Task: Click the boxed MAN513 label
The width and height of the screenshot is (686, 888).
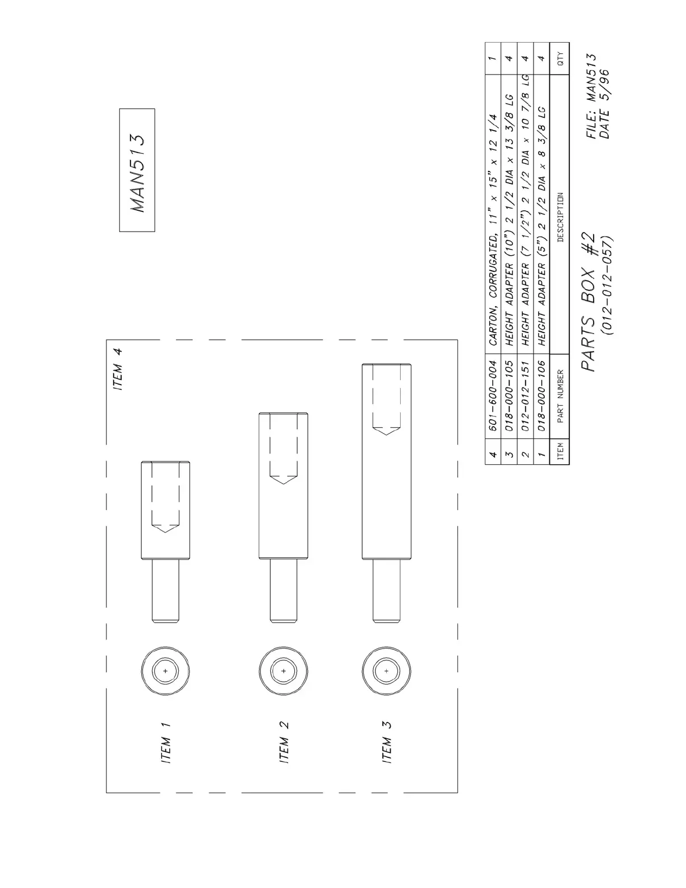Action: click(137, 170)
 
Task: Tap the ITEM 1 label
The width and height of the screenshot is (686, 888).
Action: click(166, 742)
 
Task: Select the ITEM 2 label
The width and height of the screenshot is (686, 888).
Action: click(284, 742)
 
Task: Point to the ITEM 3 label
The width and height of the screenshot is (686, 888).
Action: click(387, 742)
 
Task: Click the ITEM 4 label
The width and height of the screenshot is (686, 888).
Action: click(117, 369)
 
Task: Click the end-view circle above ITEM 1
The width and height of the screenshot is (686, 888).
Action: click(165, 670)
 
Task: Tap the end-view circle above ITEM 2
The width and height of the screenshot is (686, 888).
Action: click(283, 670)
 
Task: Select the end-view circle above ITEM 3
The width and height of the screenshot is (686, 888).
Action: click(386, 670)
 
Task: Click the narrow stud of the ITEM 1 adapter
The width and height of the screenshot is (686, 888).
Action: click(166, 591)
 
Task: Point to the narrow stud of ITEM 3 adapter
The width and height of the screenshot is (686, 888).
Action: click(387, 591)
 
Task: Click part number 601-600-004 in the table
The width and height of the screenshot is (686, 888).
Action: click(493, 395)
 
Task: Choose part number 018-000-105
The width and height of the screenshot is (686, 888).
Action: click(509, 395)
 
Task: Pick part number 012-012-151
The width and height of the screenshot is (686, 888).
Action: click(526, 395)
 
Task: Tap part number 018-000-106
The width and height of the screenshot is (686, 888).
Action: click(542, 395)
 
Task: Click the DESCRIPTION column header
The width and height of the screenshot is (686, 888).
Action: click(560, 217)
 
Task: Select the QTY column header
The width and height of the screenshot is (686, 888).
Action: click(560, 58)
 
